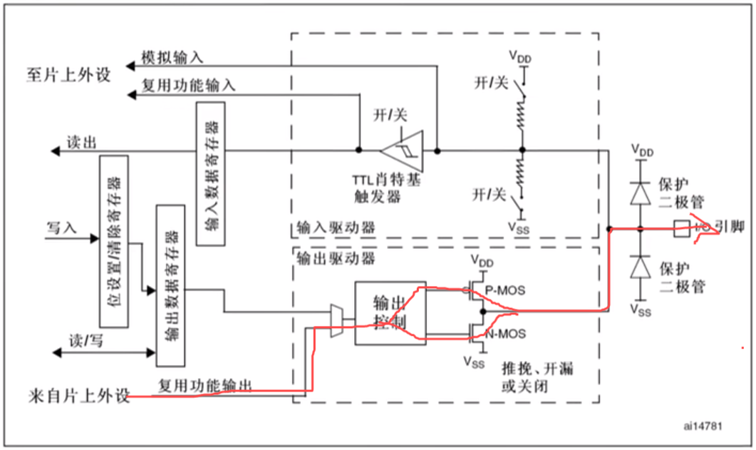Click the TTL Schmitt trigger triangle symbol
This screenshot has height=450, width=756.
401,150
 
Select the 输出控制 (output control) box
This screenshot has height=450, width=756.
390,313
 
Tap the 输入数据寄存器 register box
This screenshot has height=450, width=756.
209,174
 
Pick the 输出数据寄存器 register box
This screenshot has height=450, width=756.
170,285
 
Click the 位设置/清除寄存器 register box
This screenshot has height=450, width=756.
113,241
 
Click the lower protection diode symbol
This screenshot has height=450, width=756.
641,267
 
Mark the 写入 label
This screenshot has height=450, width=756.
62,229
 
